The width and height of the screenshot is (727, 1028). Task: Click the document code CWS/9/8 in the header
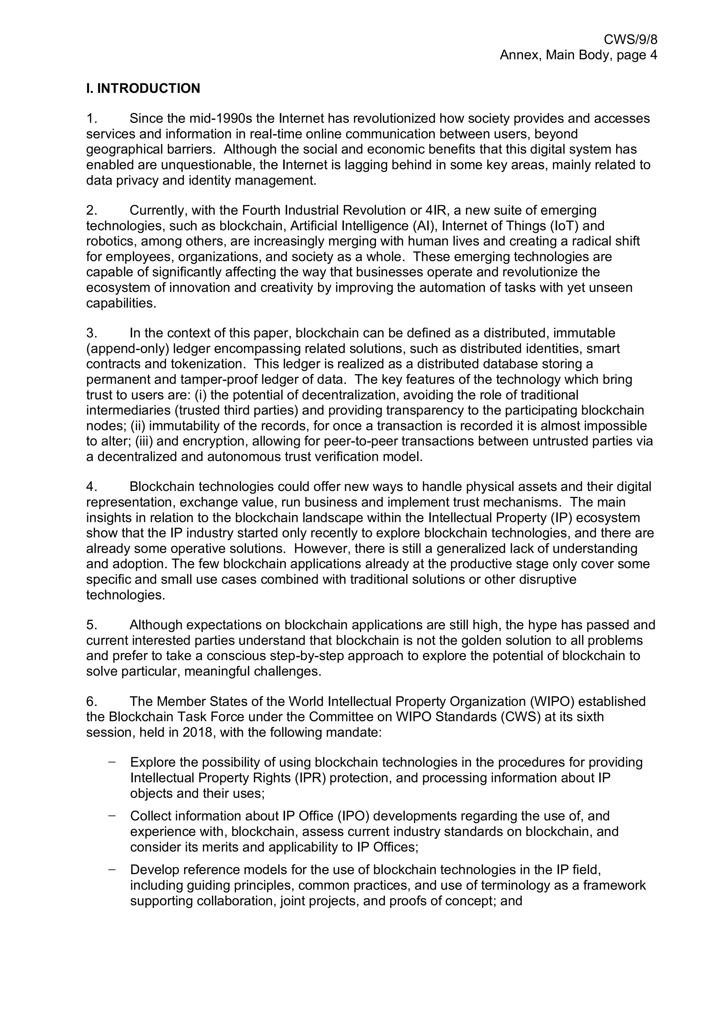(630, 40)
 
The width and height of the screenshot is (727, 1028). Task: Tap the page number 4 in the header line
(653, 55)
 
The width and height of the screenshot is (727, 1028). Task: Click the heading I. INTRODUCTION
(143, 88)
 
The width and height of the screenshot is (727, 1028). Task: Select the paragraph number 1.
(91, 118)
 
